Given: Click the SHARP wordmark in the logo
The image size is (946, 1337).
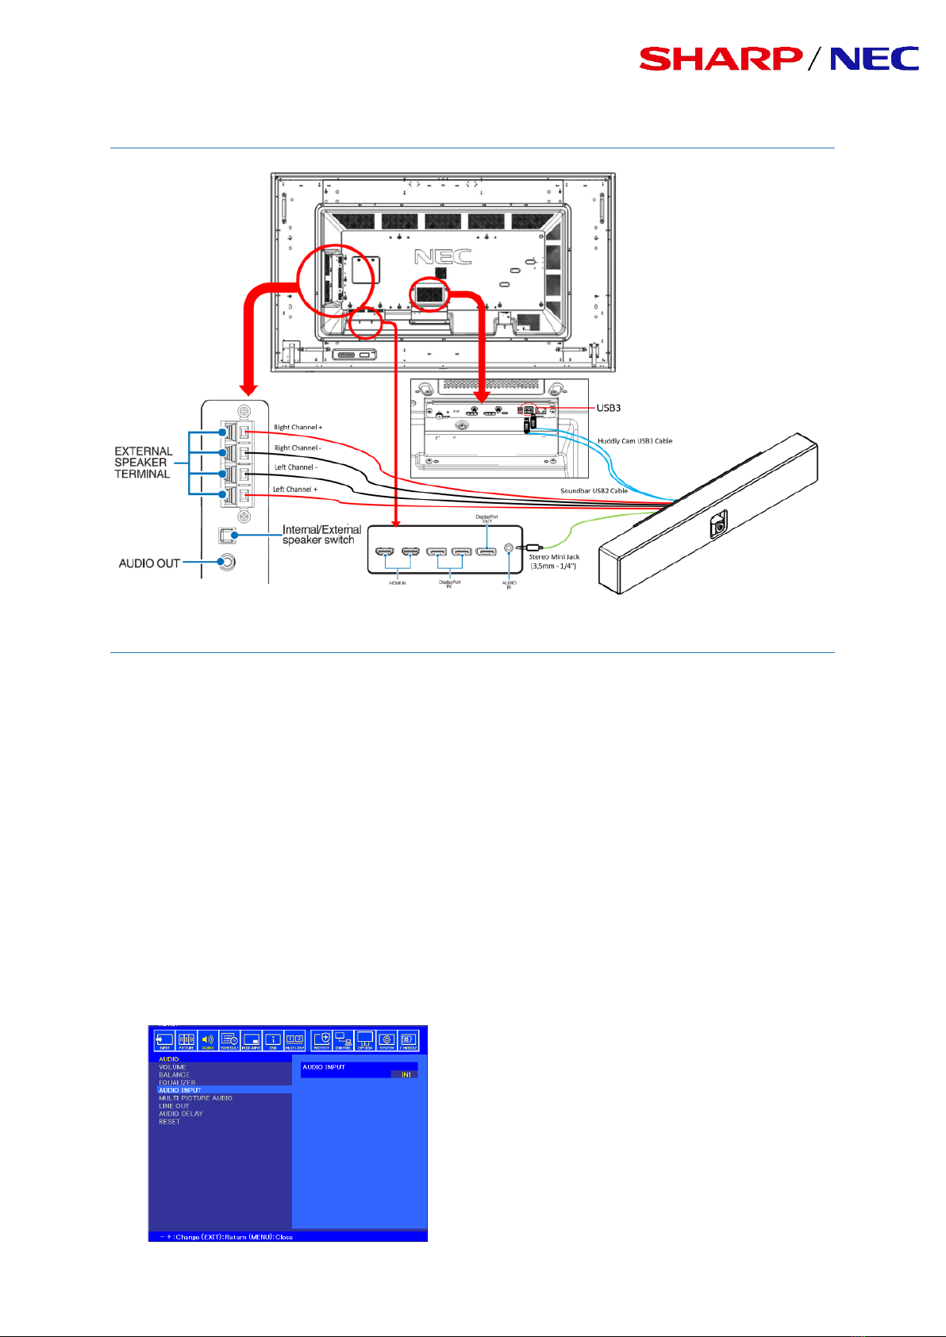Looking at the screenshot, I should (720, 59).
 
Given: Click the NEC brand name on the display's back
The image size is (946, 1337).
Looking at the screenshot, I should (443, 256).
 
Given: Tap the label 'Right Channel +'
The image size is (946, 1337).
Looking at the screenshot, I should (298, 428).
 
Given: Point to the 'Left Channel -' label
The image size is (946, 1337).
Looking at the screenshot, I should (295, 467).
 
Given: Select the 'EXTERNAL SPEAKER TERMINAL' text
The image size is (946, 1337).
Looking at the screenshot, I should (143, 463).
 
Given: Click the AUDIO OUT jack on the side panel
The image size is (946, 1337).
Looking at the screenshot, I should (227, 562).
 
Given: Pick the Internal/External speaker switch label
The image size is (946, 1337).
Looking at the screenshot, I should (321, 534).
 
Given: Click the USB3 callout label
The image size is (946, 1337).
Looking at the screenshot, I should (608, 408).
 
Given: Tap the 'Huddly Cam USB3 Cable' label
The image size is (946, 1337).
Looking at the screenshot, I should (635, 441).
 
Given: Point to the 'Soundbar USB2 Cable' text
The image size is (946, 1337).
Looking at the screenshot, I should (594, 490).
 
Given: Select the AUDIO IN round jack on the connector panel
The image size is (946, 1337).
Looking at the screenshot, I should (509, 547).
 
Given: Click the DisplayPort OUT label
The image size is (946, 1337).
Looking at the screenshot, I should (487, 519).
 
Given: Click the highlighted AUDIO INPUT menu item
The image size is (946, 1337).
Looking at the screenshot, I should (180, 1090).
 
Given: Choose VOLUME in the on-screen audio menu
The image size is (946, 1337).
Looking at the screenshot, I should (172, 1067).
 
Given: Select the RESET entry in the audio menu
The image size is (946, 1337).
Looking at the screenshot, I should (169, 1122).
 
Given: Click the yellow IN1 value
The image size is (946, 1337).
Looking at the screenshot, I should (406, 1075).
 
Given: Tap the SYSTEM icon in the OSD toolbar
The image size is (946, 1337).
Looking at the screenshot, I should (386, 1039).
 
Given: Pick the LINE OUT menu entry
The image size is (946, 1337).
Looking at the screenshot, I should (174, 1106).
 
